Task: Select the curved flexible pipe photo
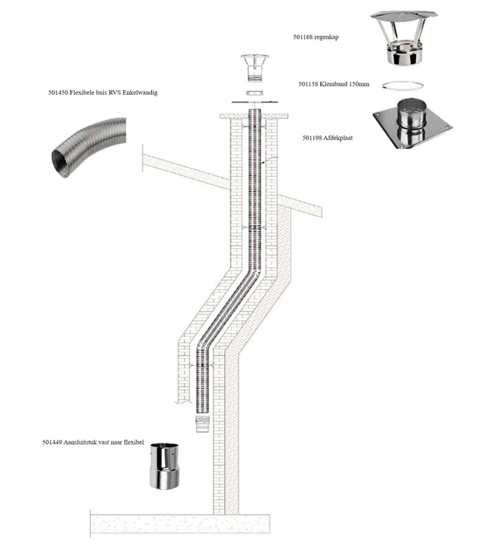pyautogui.click(x=87, y=148)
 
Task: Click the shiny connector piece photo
pyautogui.click(x=164, y=465)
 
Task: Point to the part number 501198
pyautogui.click(x=312, y=138)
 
